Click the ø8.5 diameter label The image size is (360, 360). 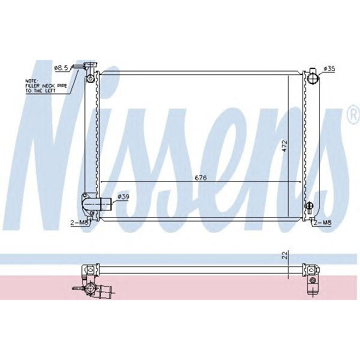tap(62, 68)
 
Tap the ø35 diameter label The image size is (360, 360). tap(329, 68)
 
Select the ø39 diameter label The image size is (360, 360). tap(124, 197)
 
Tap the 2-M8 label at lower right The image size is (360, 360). tap(323, 223)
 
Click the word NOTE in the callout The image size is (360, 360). tap(31, 80)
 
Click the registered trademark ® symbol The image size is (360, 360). tap(353, 119)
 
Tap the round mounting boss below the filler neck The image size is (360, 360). tap(91, 79)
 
